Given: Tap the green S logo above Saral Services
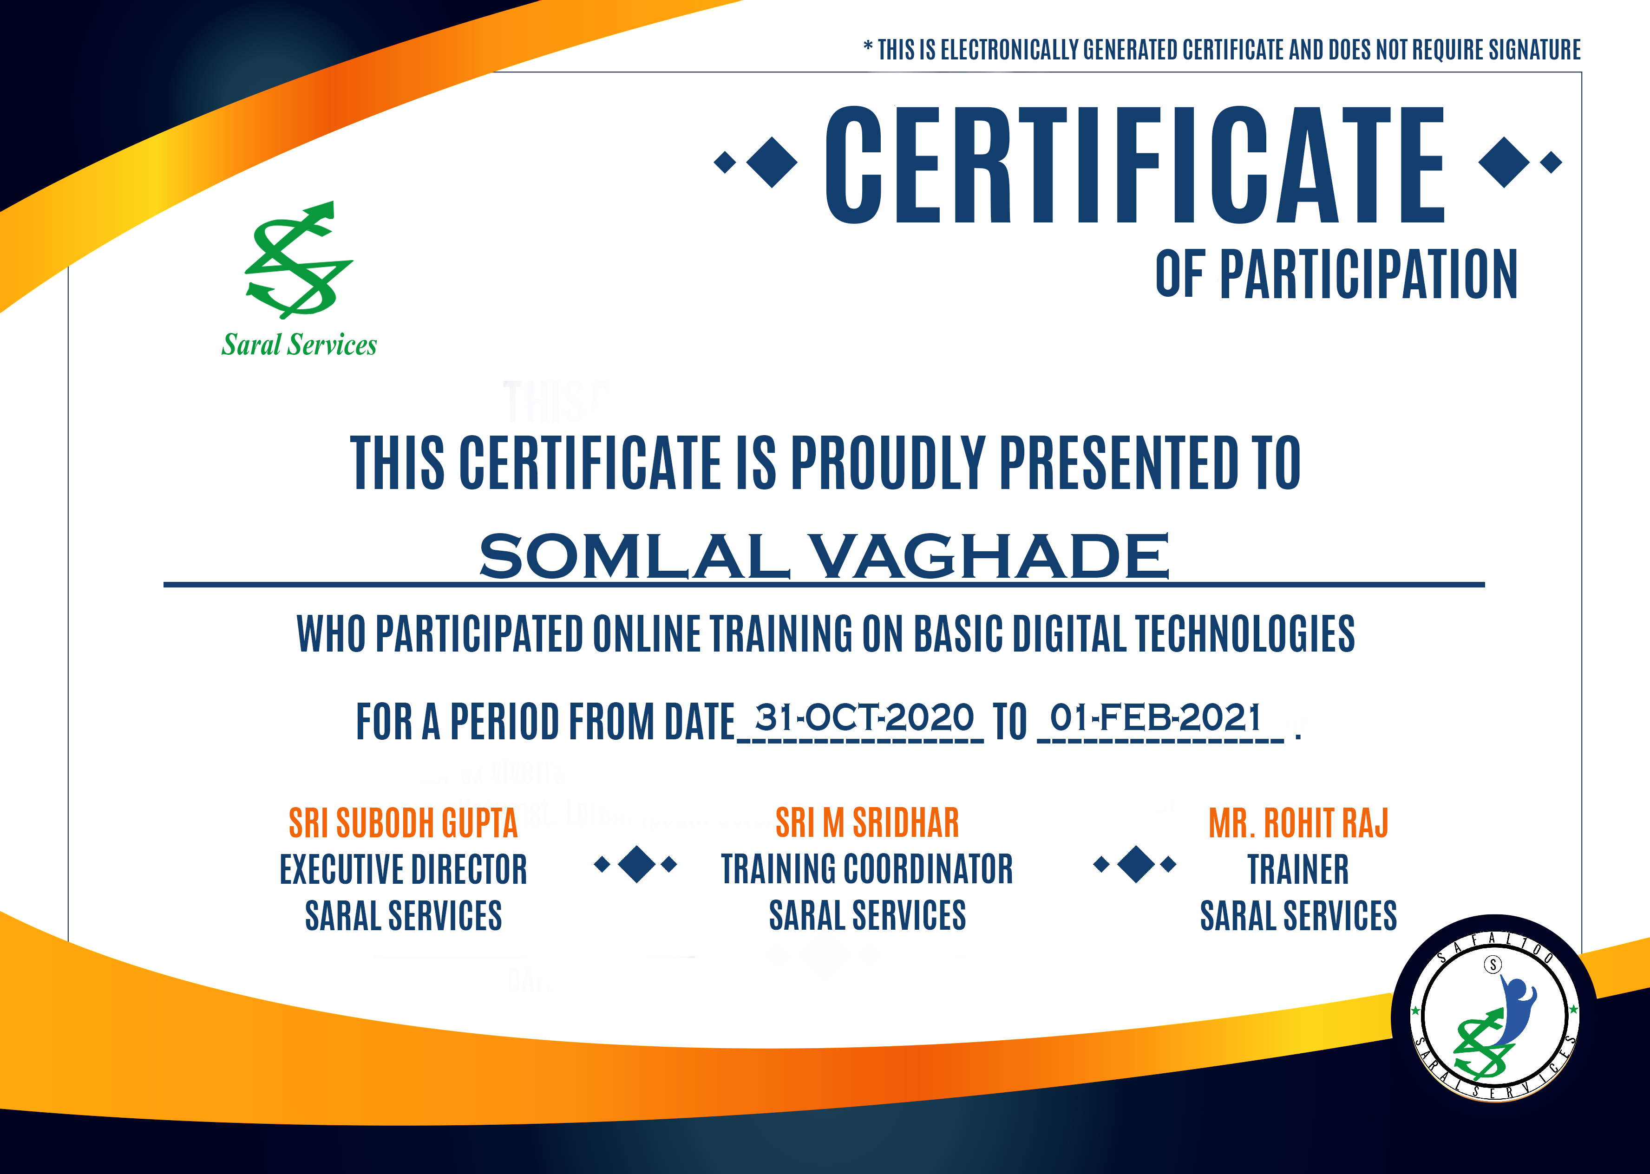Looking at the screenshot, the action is click(x=299, y=260).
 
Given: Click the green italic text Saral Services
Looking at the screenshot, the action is click(x=299, y=345).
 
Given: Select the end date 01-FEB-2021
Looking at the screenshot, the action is click(x=1155, y=718).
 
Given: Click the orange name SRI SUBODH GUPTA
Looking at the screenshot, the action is click(x=403, y=823).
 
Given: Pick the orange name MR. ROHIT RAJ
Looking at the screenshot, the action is click(x=1299, y=823).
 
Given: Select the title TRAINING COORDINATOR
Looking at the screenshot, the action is click(x=867, y=870).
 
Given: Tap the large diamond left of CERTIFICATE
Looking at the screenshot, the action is click(x=772, y=162).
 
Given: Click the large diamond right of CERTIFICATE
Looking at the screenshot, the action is click(x=1505, y=162).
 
